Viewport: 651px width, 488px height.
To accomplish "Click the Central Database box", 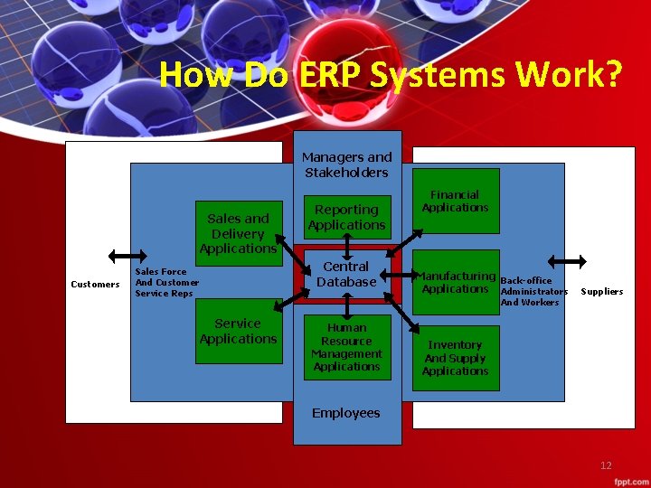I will coord(346,275).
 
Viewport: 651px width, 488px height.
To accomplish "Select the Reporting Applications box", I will coord(346,218).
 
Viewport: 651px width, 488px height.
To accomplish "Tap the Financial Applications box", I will coord(455,201).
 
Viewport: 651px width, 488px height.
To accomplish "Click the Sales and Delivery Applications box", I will coord(238,232).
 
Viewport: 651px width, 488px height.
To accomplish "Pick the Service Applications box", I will coord(238,331).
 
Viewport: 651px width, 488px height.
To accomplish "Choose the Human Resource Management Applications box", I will coord(346,347).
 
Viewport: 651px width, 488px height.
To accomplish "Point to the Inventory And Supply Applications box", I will coord(455,358).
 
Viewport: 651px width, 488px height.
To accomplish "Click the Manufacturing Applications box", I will coord(455,282).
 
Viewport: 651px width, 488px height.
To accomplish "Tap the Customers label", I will coord(95,285).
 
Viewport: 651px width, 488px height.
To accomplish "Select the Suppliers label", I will coord(601,292).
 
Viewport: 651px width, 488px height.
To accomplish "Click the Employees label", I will coord(346,413).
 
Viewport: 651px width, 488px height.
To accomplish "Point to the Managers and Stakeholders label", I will coord(346,164).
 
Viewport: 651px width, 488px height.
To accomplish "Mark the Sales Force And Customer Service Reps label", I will coord(165,282).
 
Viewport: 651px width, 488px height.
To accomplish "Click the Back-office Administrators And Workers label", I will coord(533,291).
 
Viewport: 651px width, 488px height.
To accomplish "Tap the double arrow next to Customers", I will coord(119,255).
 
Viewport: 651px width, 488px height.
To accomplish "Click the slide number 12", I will coord(606,465).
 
